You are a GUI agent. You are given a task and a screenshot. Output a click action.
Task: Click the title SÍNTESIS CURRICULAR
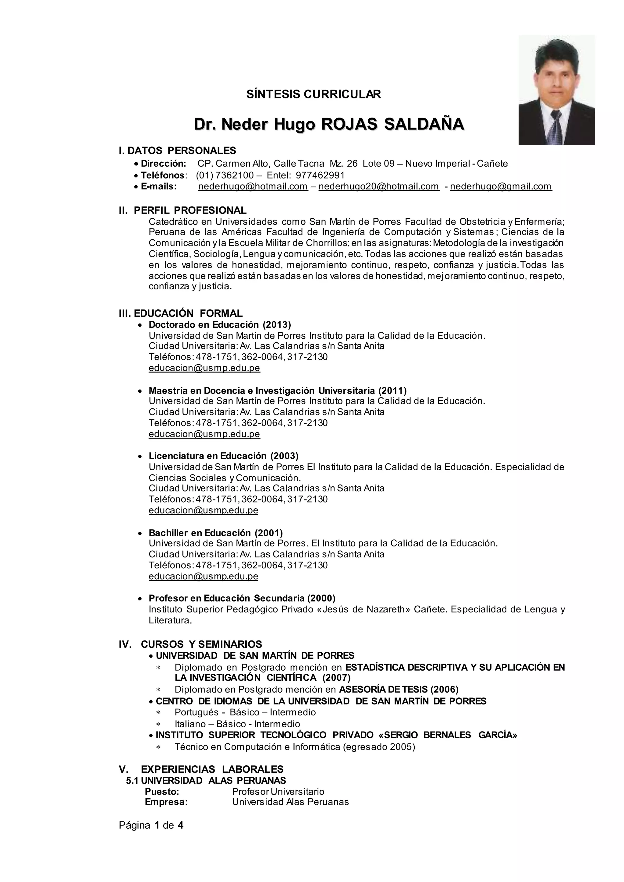(x=314, y=94)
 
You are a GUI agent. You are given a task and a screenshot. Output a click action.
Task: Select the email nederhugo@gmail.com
(x=501, y=186)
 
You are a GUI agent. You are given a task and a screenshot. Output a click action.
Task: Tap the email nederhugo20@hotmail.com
(x=378, y=186)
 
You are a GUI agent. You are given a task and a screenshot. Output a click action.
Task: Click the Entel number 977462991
(x=320, y=175)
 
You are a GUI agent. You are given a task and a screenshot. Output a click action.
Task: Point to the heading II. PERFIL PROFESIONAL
(x=183, y=210)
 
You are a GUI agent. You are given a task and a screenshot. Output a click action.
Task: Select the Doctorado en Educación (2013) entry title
(x=220, y=325)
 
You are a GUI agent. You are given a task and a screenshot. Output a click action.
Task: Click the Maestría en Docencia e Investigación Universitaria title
(x=278, y=391)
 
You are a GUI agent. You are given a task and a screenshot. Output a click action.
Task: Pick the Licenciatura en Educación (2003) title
(x=223, y=456)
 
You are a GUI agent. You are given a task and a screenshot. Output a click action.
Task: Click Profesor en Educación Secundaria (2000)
(x=242, y=598)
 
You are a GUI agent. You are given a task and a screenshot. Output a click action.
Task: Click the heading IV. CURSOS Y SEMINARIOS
(x=190, y=644)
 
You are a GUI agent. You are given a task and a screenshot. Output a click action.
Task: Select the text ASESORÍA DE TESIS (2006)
(x=399, y=690)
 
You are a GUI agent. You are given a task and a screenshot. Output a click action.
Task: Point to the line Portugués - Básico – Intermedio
(x=245, y=712)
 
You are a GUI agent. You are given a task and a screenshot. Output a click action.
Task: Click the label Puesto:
(x=162, y=791)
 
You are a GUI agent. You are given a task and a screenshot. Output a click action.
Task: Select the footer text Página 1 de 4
(x=151, y=825)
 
